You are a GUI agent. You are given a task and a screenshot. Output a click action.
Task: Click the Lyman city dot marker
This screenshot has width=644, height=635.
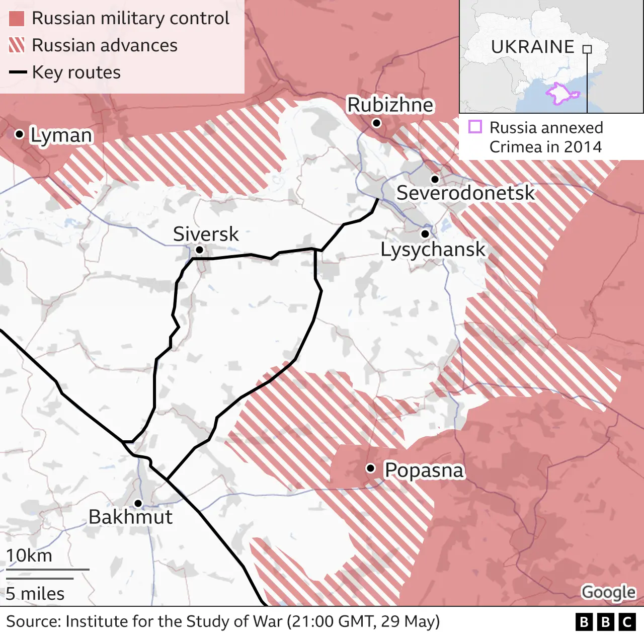point(19,134)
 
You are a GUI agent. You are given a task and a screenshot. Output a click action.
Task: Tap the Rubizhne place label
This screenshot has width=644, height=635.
point(390,105)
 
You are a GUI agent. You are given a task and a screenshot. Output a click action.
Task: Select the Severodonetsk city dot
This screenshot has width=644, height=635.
point(435,179)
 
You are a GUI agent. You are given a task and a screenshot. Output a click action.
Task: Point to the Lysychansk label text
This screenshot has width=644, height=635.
point(433,250)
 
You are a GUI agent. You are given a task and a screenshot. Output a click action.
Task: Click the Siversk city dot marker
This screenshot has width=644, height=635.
point(199,250)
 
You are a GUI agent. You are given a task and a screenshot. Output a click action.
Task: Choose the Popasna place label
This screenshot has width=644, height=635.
point(424,470)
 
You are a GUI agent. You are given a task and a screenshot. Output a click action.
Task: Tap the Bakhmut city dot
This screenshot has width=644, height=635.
point(138,503)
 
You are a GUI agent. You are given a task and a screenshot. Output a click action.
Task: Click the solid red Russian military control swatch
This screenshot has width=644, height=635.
point(17,19)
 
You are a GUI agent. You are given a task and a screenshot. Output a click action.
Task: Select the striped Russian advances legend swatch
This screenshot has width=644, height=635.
point(17,45)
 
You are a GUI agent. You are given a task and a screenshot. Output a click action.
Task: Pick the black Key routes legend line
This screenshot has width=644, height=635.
point(18,72)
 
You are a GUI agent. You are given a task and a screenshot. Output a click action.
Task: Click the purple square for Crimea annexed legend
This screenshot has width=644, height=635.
point(475,127)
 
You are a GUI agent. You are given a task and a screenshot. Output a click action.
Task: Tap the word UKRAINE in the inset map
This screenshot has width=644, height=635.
point(532,47)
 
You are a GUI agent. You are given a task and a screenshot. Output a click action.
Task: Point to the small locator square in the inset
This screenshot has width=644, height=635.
point(587,49)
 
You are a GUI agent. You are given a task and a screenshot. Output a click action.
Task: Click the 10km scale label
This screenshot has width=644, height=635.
point(29,555)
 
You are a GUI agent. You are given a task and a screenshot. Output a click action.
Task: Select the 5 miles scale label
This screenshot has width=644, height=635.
point(35,594)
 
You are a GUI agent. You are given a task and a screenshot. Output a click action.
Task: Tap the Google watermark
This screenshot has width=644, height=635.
point(608,592)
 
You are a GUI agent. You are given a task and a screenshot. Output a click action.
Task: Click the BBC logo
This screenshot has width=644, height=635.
point(605,622)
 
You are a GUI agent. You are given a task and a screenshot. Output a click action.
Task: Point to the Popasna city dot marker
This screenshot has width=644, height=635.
point(371,468)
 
